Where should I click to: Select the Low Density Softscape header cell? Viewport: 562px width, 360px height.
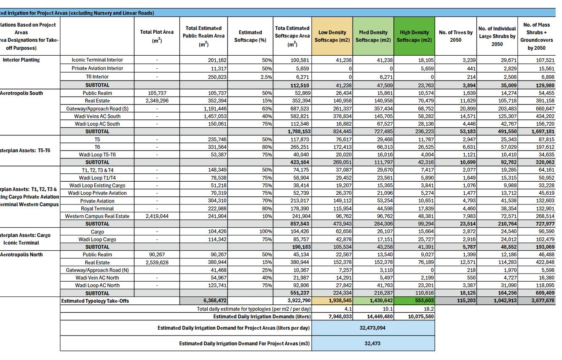[332, 36]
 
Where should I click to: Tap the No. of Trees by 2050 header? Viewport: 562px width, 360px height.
[455, 36]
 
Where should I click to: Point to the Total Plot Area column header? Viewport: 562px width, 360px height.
[157, 36]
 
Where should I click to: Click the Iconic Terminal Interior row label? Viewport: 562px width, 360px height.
[97, 60]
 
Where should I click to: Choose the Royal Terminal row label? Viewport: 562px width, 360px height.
[97, 209]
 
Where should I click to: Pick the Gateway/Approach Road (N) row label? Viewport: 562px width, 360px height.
[97, 270]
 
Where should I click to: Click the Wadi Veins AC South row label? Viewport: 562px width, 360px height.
[97, 116]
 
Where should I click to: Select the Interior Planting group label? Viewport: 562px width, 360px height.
[21, 60]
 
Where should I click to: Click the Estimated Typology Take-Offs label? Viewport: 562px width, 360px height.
[95, 301]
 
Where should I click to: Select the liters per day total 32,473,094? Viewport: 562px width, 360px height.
[372, 328]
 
